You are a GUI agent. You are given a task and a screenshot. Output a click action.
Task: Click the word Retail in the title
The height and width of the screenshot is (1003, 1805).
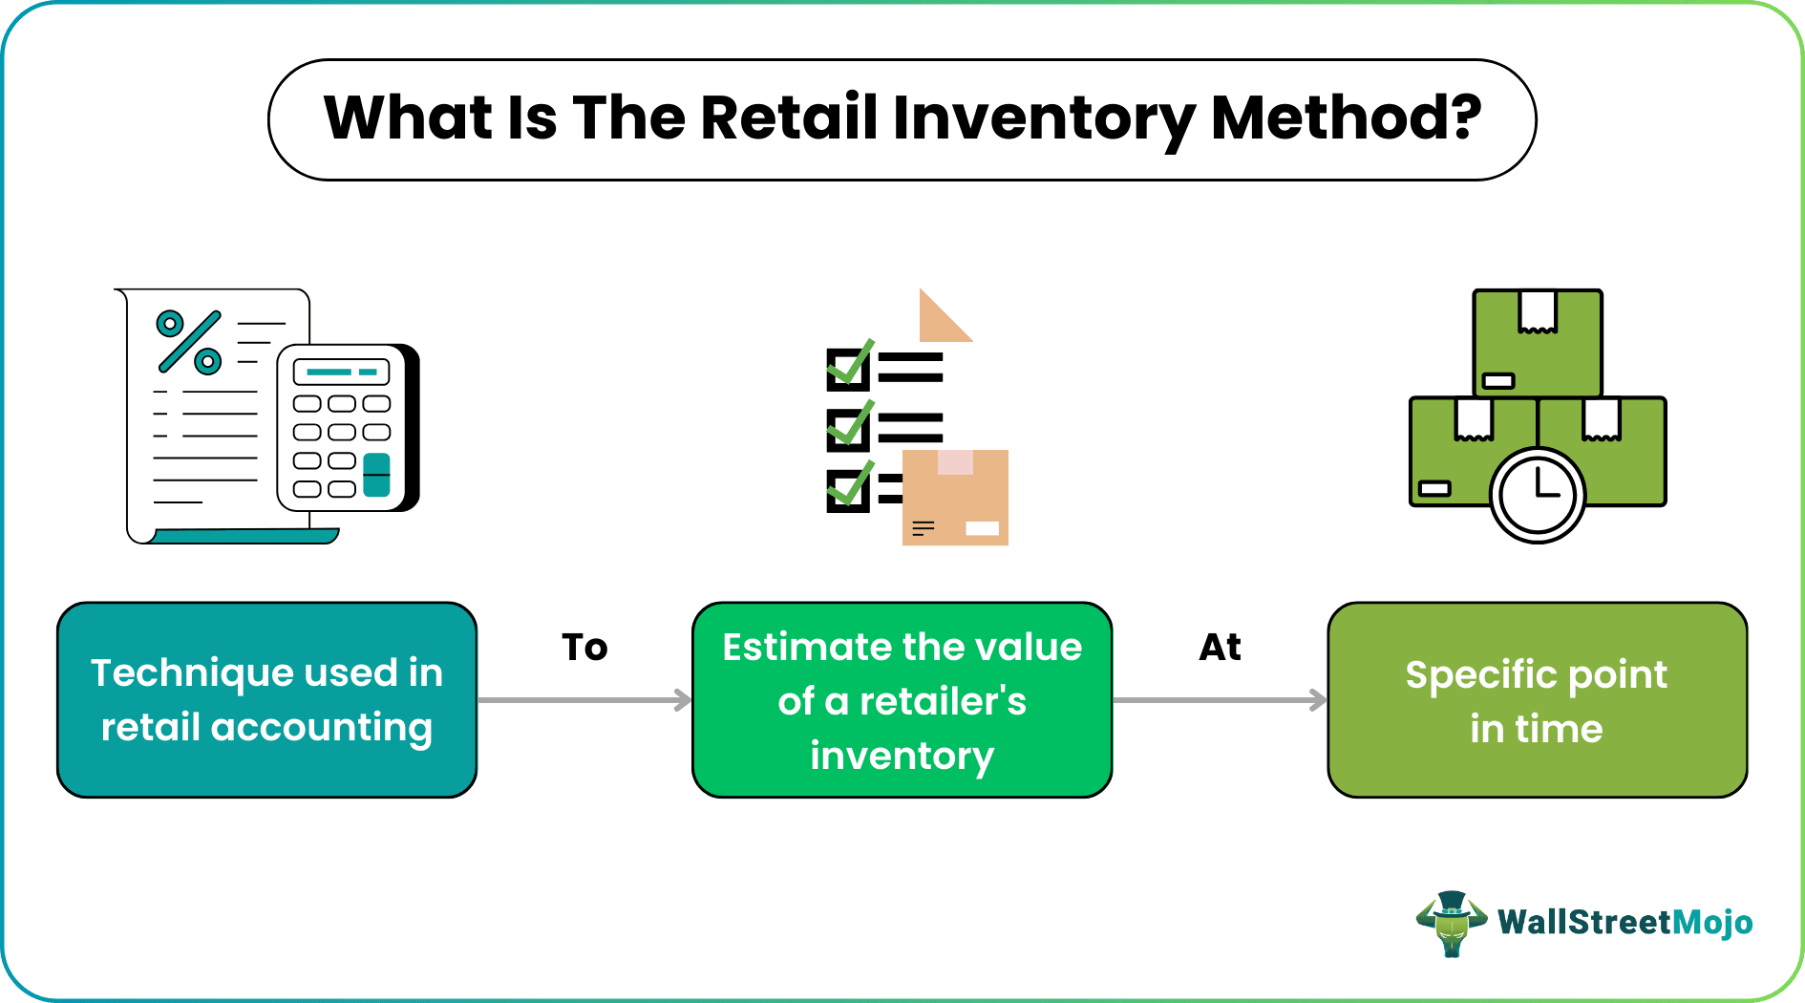pyautogui.click(x=789, y=118)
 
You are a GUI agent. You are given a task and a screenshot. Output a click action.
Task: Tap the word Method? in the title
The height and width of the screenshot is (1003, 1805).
pyautogui.click(x=1346, y=118)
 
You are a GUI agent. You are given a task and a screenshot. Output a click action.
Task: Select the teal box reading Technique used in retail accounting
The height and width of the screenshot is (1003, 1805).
pyautogui.click(x=266, y=700)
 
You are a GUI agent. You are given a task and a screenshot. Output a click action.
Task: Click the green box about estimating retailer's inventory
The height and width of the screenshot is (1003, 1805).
pyautogui.click(x=902, y=700)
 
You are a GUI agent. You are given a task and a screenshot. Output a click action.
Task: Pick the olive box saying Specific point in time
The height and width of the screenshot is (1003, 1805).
pyautogui.click(x=1537, y=700)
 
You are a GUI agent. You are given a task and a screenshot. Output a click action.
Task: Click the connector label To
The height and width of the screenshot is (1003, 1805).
pyautogui.click(x=584, y=648)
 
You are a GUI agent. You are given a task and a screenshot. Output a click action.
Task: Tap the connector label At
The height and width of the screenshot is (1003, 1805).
pyautogui.click(x=1220, y=648)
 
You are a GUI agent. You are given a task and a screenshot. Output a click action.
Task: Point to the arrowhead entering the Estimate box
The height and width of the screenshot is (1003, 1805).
pyautogui.click(x=683, y=700)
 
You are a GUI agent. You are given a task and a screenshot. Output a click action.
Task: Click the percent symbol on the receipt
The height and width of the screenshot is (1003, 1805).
pyautogui.click(x=189, y=342)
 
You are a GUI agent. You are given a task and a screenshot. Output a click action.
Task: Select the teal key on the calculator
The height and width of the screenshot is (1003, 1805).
pyautogui.click(x=376, y=475)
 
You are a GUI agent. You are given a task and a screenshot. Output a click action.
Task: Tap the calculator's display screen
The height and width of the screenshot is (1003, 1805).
pyautogui.click(x=341, y=372)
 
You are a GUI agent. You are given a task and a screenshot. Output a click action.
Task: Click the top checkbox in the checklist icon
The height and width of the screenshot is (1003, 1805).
pyautogui.click(x=847, y=369)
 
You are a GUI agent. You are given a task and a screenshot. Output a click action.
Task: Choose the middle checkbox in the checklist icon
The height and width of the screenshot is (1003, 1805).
pyautogui.click(x=847, y=429)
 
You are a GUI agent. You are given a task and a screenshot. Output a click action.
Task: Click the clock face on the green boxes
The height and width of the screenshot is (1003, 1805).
pyautogui.click(x=1537, y=495)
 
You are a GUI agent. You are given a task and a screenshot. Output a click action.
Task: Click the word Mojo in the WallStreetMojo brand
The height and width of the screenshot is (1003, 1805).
pyautogui.click(x=1713, y=923)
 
